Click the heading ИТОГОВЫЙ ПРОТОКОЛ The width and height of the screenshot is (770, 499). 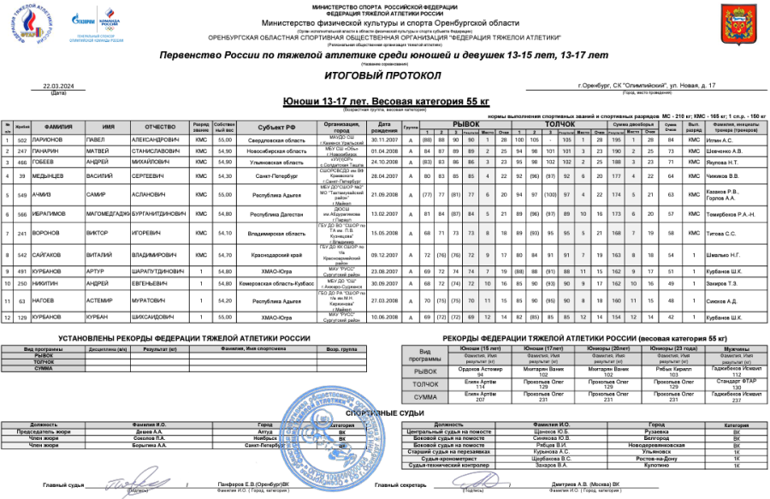[384, 75]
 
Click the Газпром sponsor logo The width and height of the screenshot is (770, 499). [83, 21]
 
